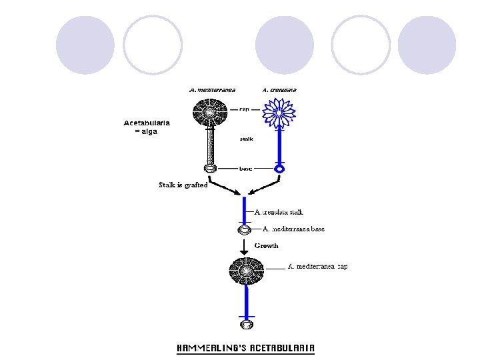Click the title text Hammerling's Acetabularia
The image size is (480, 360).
(245, 348)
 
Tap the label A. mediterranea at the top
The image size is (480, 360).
(212, 90)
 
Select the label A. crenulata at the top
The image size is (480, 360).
(279, 90)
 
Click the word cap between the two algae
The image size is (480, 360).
(244, 109)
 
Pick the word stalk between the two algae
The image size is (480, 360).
(245, 139)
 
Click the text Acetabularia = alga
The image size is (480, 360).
(147, 127)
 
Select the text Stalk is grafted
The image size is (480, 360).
(183, 185)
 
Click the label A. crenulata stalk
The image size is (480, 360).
(279, 212)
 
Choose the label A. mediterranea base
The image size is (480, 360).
(293, 229)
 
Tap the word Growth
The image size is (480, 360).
(266, 245)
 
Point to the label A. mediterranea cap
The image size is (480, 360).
(317, 267)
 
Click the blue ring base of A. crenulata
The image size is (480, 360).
(280, 169)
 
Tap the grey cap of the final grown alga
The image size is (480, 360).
(246, 271)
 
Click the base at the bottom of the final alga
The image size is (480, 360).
(246, 325)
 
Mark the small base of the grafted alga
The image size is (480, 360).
(244, 230)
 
